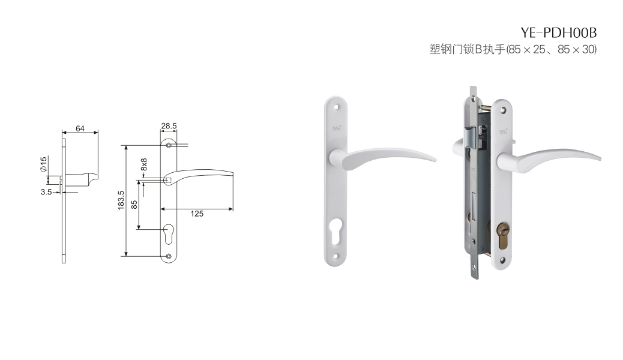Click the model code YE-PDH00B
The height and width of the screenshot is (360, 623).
coord(559,32)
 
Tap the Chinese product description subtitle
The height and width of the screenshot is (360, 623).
coord(513,49)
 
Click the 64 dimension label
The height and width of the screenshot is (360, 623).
coord(80,128)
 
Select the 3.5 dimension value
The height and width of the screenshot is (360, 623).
coord(46,192)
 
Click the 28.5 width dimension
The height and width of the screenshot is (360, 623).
coord(169,126)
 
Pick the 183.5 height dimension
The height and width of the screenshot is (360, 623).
coord(121,200)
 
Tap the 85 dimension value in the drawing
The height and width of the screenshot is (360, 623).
coord(134,205)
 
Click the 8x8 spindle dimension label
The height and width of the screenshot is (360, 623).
coord(144,164)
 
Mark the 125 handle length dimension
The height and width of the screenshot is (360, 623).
coord(197,214)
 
